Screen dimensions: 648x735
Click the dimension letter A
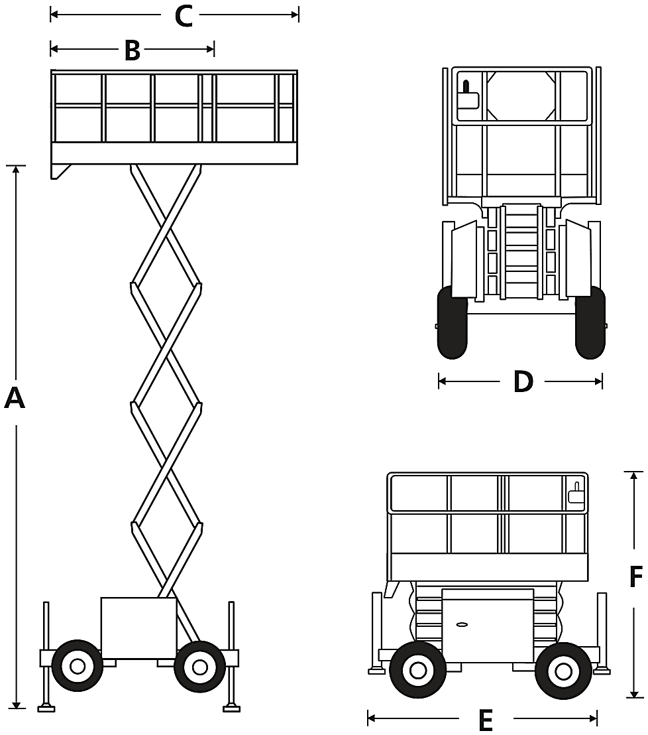click(x=15, y=398)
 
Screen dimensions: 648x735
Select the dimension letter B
click(x=133, y=50)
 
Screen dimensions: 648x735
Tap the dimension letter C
click(x=184, y=16)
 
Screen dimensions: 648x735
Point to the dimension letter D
click(x=523, y=381)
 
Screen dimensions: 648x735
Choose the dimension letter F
click(x=635, y=576)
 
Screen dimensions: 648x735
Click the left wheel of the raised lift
click(x=78, y=665)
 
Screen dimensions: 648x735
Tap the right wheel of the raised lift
click(x=200, y=665)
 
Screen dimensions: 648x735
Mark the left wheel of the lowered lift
click(x=417, y=670)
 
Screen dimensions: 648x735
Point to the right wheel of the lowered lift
click(x=563, y=670)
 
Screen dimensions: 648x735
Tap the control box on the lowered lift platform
click(x=576, y=493)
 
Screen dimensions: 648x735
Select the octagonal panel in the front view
click(x=521, y=96)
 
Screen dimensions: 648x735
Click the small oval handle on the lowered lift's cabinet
click(x=462, y=624)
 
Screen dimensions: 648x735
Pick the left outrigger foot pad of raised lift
click(x=46, y=708)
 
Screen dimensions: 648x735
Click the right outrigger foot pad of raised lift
click(x=232, y=708)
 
